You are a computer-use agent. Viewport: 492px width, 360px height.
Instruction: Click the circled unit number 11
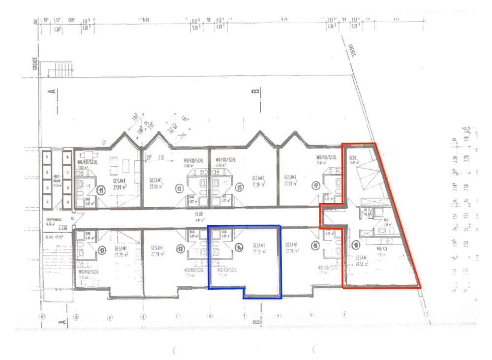(101, 190)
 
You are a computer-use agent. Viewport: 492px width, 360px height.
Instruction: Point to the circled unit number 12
(181, 250)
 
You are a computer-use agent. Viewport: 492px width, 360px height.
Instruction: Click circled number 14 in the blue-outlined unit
(239, 247)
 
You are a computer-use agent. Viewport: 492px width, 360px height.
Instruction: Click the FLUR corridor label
(198, 214)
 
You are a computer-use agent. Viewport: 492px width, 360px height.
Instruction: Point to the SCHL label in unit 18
(353, 157)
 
